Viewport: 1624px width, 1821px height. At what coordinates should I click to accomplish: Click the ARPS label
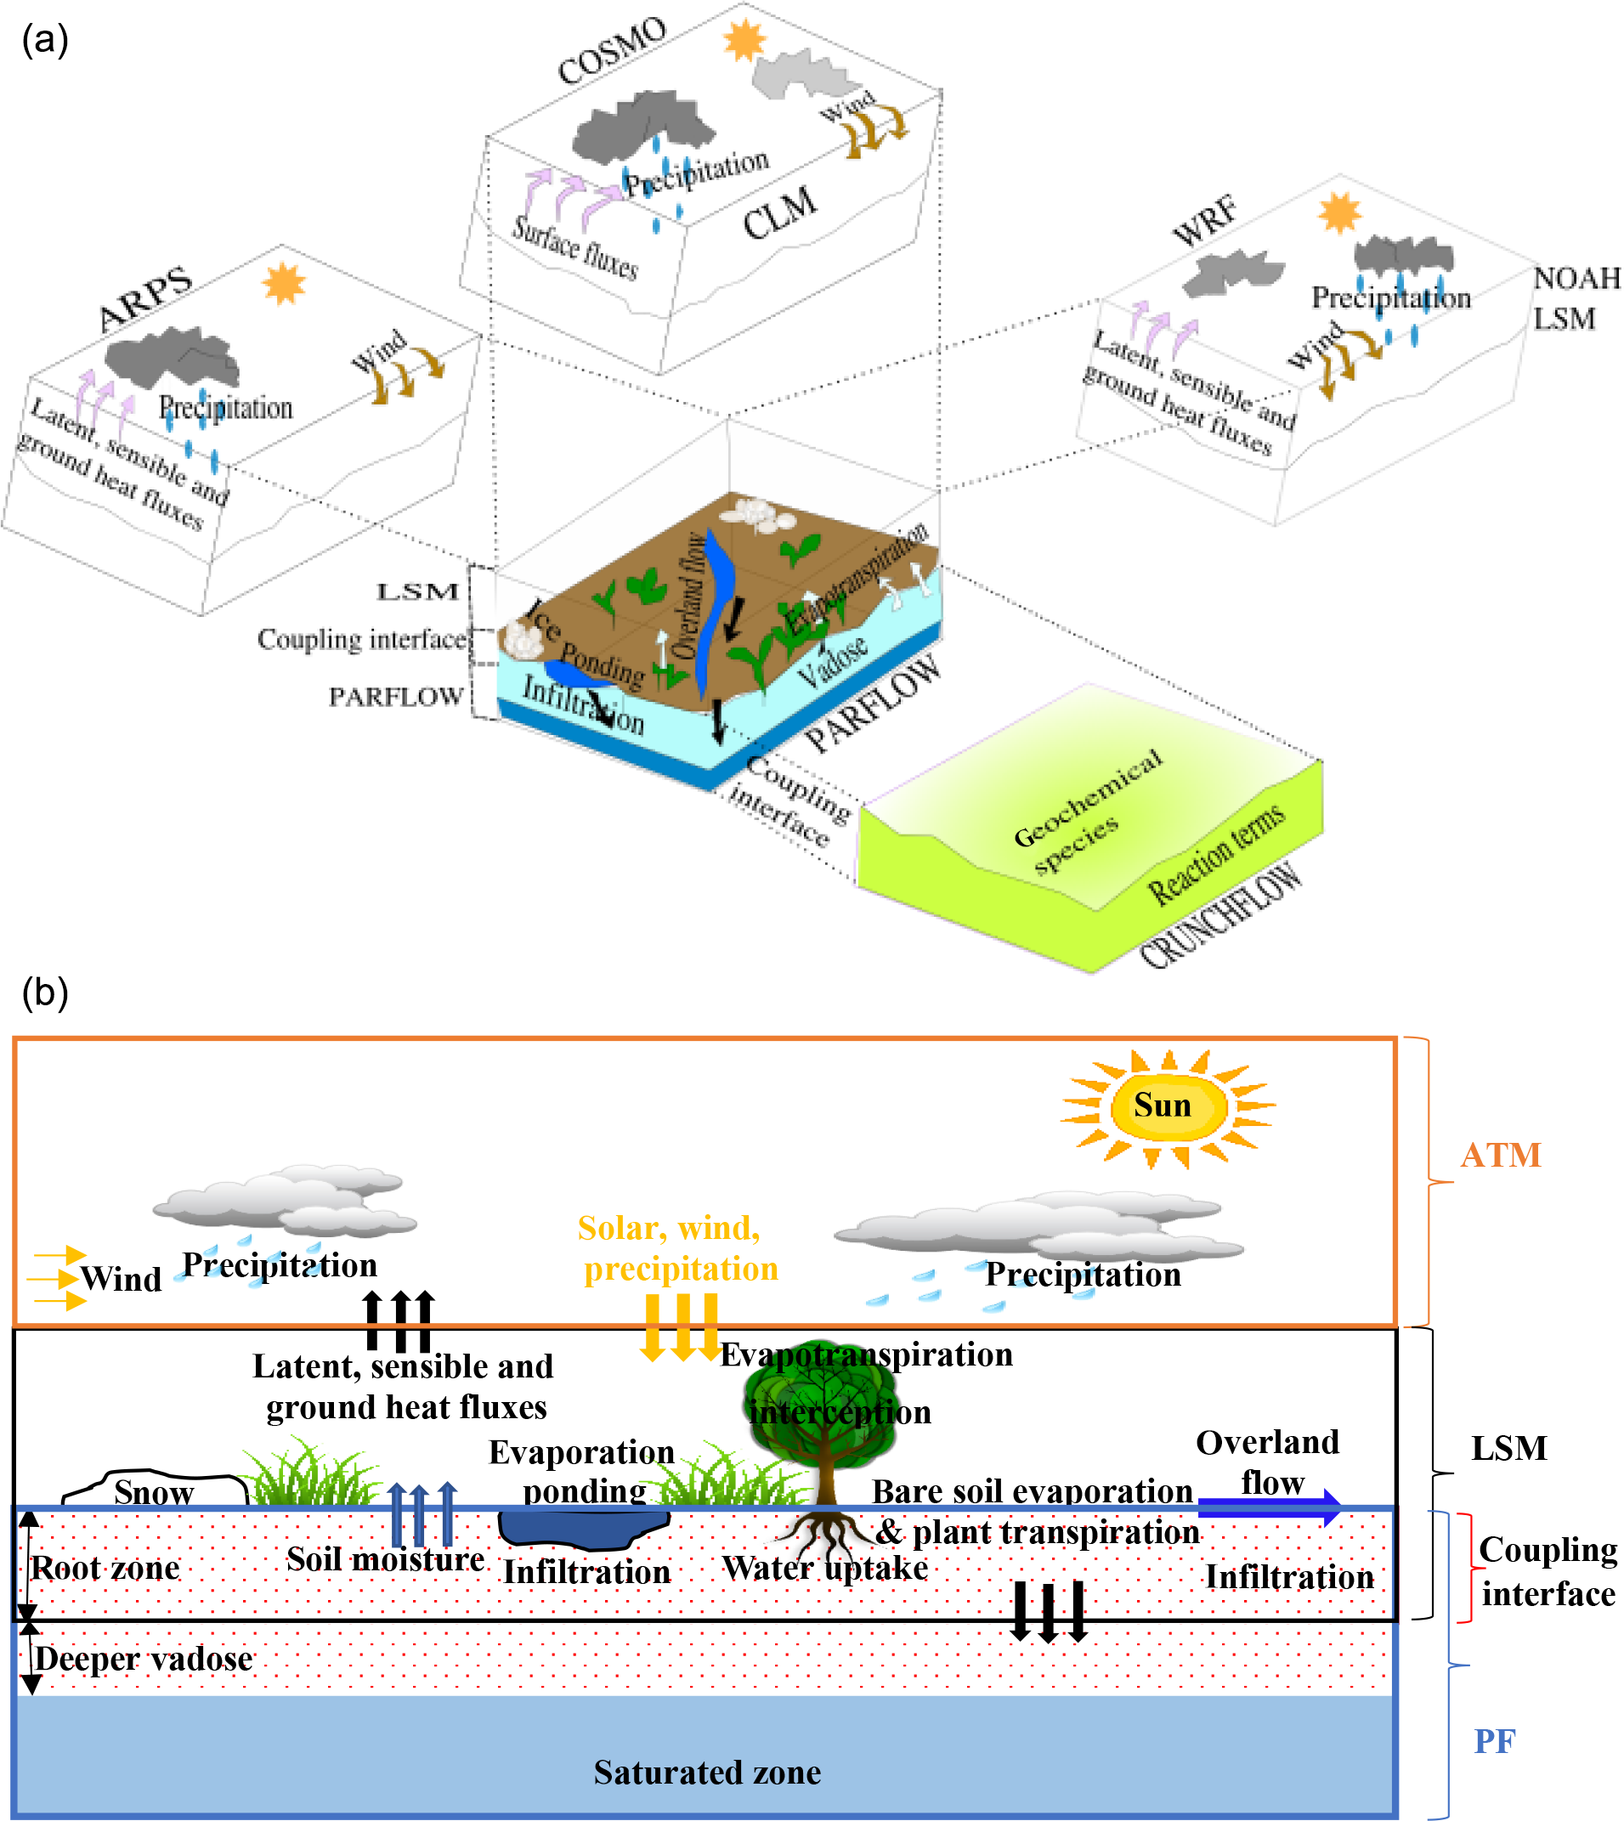145,299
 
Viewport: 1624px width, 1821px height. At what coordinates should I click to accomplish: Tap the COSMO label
612,51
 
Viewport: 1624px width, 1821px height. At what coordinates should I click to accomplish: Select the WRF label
1206,222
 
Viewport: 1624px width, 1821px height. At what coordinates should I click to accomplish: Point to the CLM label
779,214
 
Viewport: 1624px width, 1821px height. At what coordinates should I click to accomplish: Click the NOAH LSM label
1576,299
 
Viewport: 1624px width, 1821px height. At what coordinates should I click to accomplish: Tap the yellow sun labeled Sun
1165,1107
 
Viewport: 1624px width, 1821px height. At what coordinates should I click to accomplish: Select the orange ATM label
1501,1157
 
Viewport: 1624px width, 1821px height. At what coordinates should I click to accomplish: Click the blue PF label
1495,1741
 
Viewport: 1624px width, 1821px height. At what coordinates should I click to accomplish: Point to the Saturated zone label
707,1772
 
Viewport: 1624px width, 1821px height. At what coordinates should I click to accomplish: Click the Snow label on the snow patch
154,1493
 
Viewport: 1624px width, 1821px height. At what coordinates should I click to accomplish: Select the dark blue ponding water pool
582,1530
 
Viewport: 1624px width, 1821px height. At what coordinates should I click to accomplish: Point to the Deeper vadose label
144,1660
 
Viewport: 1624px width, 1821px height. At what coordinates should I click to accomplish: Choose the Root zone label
105,1569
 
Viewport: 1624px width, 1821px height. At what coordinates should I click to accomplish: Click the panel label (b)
44,993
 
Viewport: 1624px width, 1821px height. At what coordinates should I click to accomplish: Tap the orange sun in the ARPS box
284,284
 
